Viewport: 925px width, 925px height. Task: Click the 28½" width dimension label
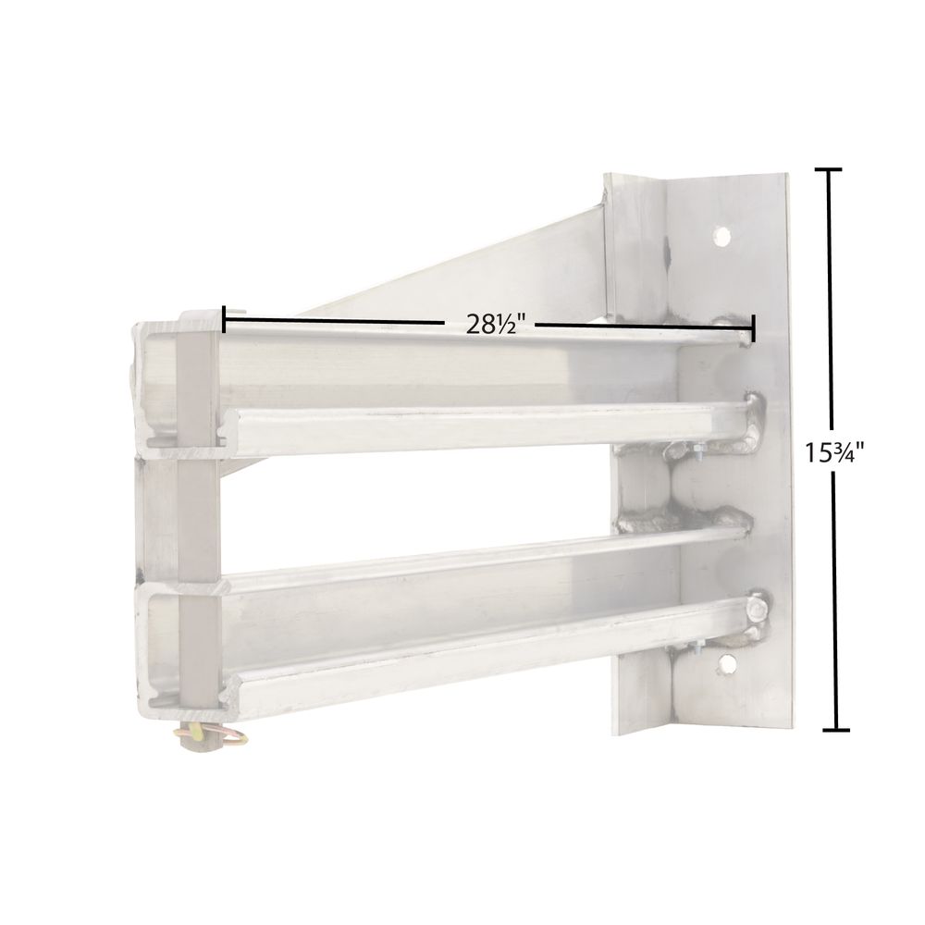488,326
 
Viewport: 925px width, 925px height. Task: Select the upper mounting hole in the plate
721,237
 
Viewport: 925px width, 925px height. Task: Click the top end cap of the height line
828,170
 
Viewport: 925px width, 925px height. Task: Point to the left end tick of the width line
224,320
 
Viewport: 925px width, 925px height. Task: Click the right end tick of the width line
754,327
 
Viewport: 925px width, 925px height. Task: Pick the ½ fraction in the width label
505,326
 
